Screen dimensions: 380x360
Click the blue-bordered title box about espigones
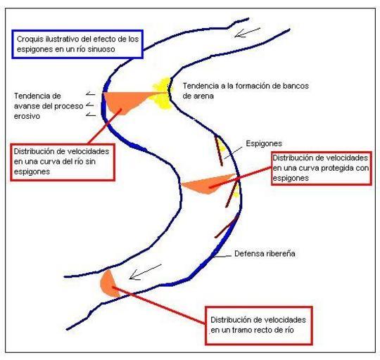click(77, 44)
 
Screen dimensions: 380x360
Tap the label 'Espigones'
click(264, 143)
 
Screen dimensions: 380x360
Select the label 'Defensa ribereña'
click(265, 254)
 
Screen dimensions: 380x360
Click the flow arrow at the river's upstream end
click(247, 32)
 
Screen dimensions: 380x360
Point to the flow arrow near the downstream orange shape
click(145, 272)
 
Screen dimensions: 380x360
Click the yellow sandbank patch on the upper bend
click(162, 94)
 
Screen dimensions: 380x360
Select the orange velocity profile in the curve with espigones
click(208, 184)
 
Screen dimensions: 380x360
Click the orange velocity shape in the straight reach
click(109, 284)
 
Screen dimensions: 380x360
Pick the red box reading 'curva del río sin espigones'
click(63, 162)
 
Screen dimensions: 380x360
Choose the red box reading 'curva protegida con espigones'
click(322, 168)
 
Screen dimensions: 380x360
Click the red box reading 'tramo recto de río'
click(258, 326)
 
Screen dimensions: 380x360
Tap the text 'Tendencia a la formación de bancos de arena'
click(246, 91)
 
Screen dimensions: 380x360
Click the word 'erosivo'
click(27, 116)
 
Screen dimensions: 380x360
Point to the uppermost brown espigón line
click(219, 151)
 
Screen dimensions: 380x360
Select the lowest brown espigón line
click(227, 226)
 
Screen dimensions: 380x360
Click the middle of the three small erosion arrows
click(90, 105)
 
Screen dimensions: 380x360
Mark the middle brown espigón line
click(232, 193)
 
